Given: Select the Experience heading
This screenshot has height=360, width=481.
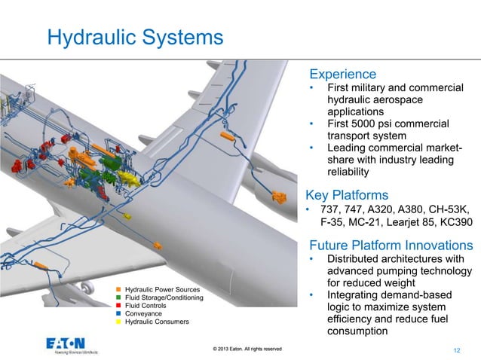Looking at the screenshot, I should coord(343,74).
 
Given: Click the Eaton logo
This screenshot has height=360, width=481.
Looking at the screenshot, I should coord(72,343).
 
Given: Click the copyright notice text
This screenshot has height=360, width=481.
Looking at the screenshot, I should coord(247,348).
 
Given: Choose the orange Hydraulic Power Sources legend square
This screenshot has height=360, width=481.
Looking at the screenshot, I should coord(118,289).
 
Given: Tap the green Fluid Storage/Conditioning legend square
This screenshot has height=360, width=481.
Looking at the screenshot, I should coord(118,297).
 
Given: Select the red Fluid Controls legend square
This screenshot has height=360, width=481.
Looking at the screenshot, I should coord(118,306).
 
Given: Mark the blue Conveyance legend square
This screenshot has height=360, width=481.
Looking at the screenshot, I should coord(118,314).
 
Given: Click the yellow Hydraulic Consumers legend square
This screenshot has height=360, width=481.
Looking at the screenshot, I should coord(118,322).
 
